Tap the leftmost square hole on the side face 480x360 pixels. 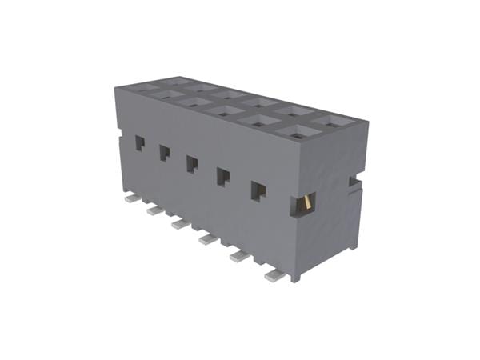(139, 143)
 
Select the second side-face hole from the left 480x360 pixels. (164, 153)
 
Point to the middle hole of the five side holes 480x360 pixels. (192, 164)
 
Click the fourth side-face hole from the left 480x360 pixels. (223, 176)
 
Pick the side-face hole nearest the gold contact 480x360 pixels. (258, 190)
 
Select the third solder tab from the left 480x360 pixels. (179, 223)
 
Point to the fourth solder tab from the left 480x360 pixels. (208, 238)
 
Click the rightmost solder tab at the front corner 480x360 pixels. (274, 275)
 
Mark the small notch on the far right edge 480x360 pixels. (353, 182)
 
